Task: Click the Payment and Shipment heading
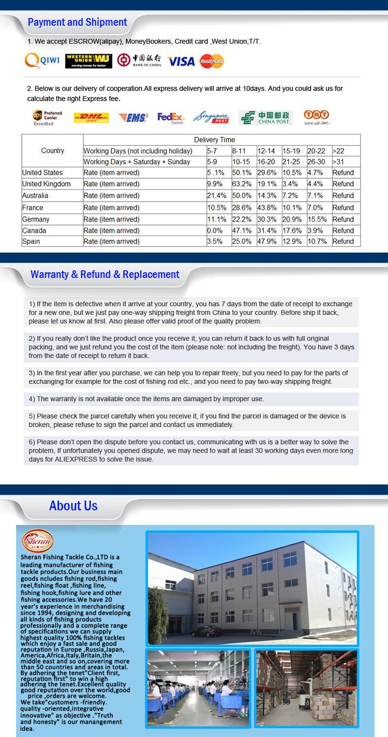pyautogui.click(x=77, y=22)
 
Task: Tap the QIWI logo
pyautogui.click(x=42, y=61)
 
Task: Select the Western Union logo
pyautogui.click(x=88, y=61)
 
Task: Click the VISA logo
pyautogui.click(x=181, y=62)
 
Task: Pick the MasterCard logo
pyautogui.click(x=212, y=61)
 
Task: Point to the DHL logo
pyautogui.click(x=92, y=117)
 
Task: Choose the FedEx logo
pyautogui.click(x=171, y=117)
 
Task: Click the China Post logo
pyautogui.click(x=266, y=117)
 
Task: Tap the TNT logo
pyautogui.click(x=317, y=116)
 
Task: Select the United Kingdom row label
pyautogui.click(x=47, y=184)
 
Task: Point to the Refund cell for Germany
pyautogui.click(x=343, y=219)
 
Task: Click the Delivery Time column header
pyautogui.click(x=214, y=140)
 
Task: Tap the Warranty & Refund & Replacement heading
pyautogui.click(x=105, y=275)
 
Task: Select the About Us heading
pyautogui.click(x=73, y=506)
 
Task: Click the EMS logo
pyautogui.click(x=133, y=117)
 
